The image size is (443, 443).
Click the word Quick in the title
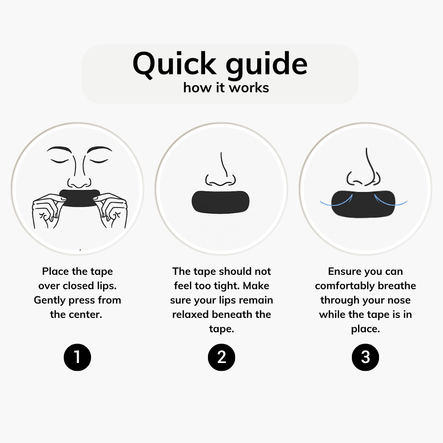174,64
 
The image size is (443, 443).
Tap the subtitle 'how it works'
226,87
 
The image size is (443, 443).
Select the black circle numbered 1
77,357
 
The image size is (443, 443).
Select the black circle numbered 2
221,357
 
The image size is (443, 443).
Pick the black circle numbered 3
365,357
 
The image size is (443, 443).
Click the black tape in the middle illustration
221,202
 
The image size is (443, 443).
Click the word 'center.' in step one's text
76,315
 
